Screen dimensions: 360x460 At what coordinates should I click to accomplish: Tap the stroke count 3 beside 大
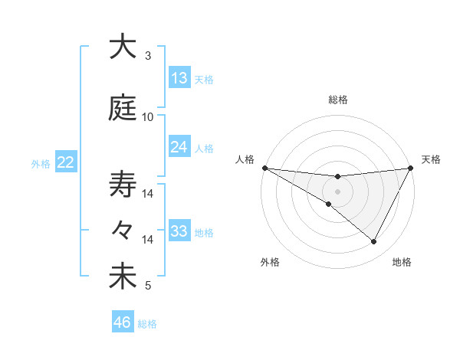(148, 56)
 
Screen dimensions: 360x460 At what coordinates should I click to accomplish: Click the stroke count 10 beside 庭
(148, 117)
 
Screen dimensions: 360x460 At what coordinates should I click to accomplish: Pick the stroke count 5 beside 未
(148, 286)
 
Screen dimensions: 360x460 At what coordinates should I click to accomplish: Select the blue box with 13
(179, 77)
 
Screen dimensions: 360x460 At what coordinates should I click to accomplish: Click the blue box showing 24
(179, 146)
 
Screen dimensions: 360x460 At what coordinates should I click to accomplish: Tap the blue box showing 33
(179, 231)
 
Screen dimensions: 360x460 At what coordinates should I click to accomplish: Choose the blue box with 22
(66, 162)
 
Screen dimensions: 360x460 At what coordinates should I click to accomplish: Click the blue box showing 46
(123, 322)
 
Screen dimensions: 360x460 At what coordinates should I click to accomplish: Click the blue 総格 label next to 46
(148, 324)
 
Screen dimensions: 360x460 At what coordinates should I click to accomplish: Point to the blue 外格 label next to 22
(41, 163)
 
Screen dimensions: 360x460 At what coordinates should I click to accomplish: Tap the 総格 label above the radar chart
(337, 100)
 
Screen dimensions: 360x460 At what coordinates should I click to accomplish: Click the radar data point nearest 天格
(410, 168)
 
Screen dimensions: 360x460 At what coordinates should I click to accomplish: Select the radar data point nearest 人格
(264, 168)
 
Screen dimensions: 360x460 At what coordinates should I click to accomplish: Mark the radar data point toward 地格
(374, 241)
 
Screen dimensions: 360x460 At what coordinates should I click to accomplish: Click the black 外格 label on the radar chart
(270, 262)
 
